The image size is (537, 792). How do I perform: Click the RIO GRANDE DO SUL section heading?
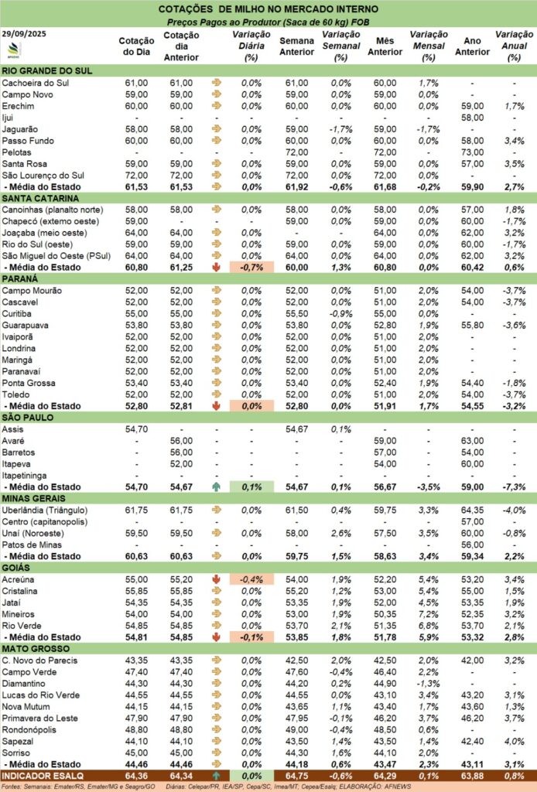tap(48, 70)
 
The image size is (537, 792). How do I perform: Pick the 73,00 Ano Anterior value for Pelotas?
tap(471, 152)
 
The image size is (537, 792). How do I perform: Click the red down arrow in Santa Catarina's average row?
tap(216, 268)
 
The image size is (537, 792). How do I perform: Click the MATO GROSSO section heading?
tap(37, 648)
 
